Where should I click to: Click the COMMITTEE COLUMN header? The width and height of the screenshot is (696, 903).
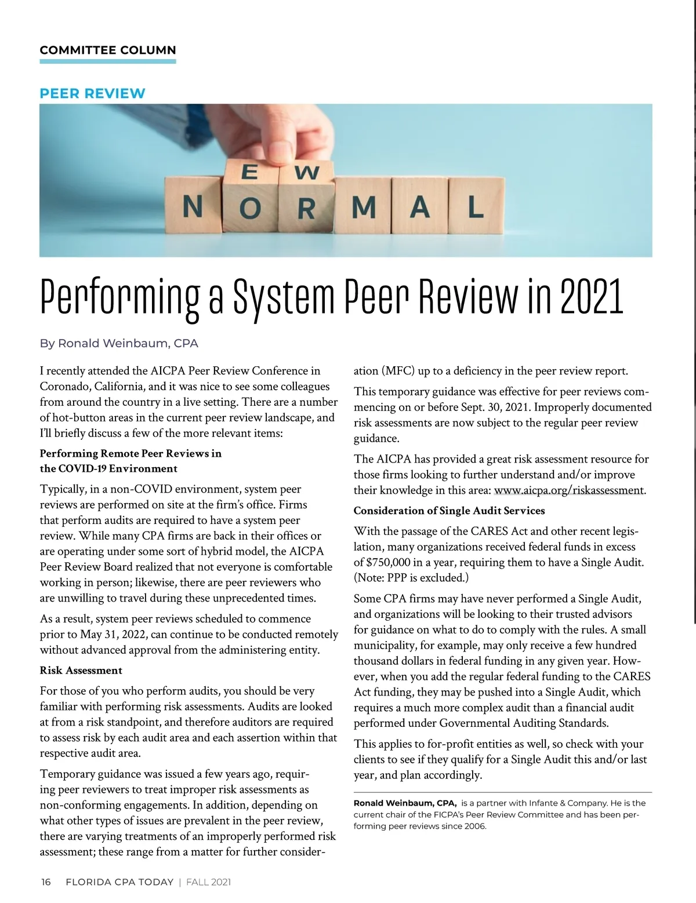108,50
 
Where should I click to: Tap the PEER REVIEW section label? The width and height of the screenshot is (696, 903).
92,93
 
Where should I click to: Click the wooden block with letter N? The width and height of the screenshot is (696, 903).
193,207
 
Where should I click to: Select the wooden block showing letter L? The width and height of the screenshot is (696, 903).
475,206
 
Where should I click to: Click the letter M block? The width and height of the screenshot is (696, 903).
364,207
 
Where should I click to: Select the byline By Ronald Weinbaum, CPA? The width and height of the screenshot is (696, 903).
119,343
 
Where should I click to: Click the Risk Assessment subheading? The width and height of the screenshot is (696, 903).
81,671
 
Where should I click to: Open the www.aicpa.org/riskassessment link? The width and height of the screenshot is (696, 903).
569,490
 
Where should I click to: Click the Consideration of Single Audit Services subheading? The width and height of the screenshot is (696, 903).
449,511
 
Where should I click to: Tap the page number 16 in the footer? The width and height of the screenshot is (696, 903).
46,882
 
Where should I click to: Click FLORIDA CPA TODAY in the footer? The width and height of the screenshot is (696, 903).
119,882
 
